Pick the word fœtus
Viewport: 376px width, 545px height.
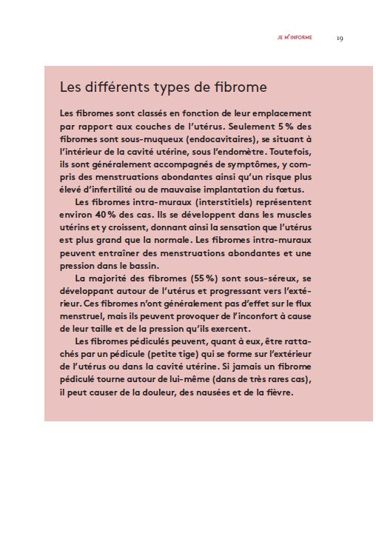pyautogui.click(x=289, y=189)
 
